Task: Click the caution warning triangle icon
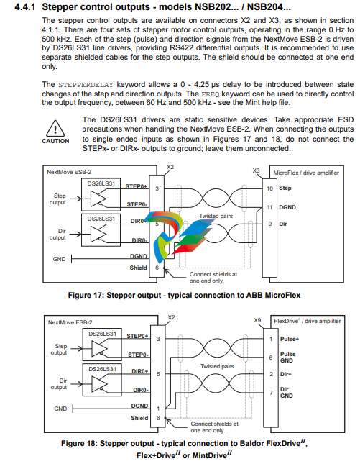click(55, 129)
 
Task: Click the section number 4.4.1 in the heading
click(25, 7)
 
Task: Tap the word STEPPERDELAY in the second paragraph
click(86, 85)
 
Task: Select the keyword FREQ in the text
click(211, 94)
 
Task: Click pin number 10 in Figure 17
click(269, 188)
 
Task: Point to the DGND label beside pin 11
click(287, 207)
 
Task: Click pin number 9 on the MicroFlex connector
click(269, 224)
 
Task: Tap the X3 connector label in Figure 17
click(256, 170)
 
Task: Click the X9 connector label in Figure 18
click(257, 320)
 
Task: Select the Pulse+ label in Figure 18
click(289, 339)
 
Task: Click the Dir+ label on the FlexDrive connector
click(285, 374)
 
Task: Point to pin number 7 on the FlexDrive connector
click(271, 393)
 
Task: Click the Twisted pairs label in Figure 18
click(217, 366)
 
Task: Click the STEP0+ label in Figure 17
click(137, 186)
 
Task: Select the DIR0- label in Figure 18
click(141, 390)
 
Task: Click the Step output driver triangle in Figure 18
click(99, 349)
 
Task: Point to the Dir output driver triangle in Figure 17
click(98, 234)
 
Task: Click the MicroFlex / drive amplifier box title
click(306, 173)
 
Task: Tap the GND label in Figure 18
click(60, 409)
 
